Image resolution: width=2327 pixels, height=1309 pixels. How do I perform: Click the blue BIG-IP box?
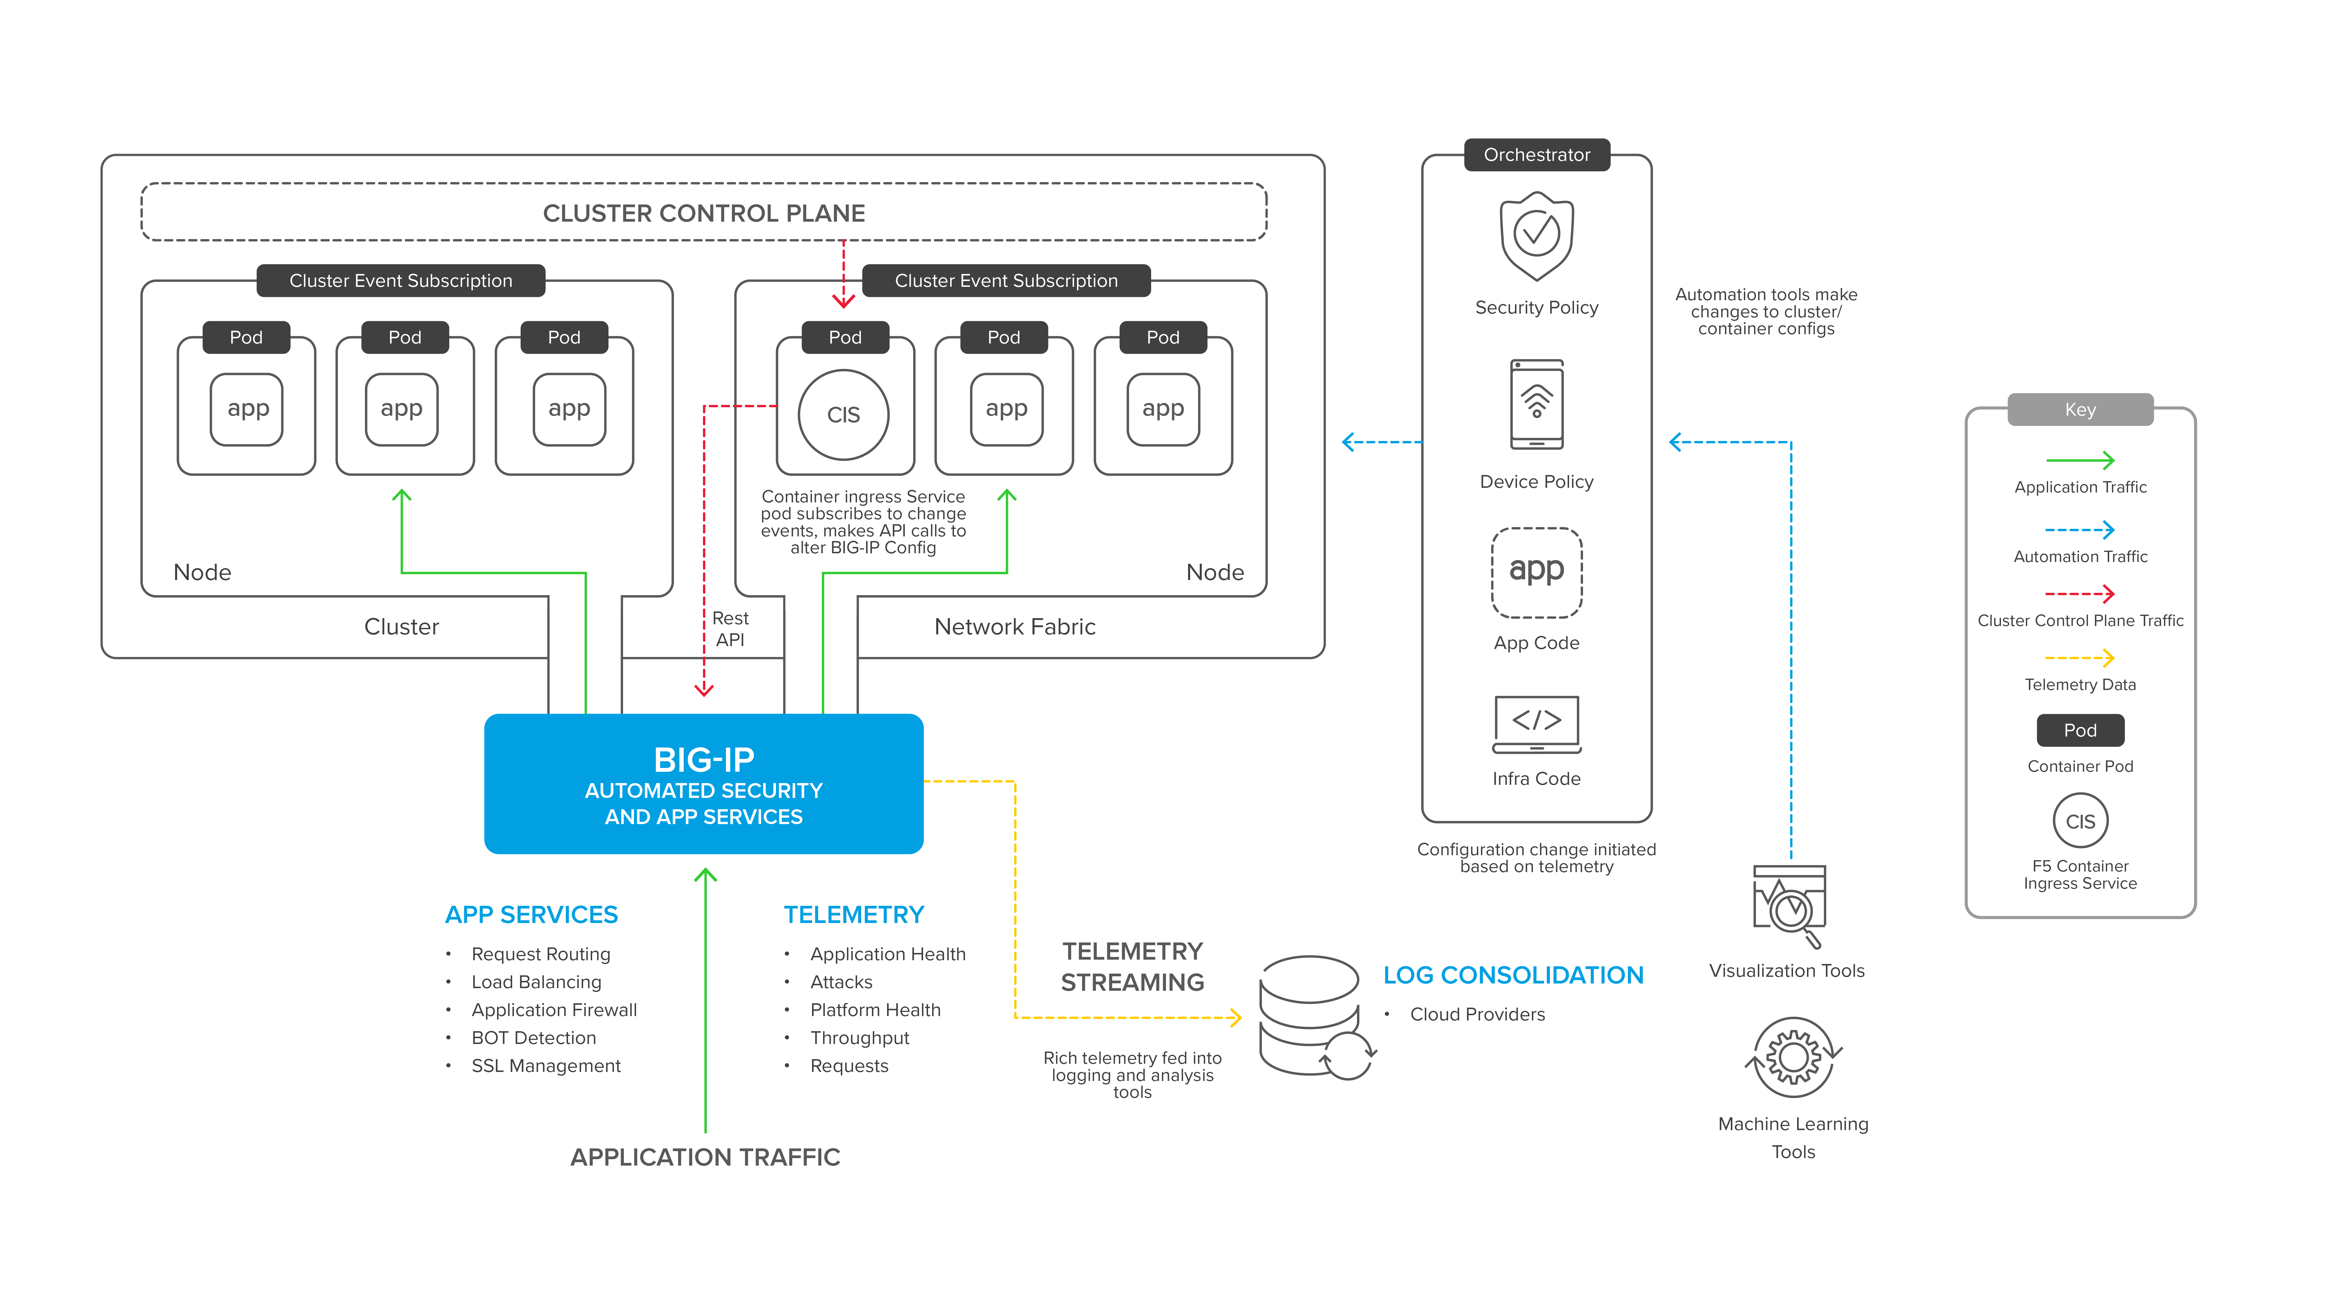(704, 783)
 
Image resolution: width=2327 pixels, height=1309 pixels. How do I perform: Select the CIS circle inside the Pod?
(844, 415)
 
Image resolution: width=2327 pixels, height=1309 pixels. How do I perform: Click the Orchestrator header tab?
(1537, 154)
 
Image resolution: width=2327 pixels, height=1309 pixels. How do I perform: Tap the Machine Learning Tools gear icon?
(1793, 1057)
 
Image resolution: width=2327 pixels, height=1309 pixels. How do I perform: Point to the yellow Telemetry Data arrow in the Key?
(2079, 658)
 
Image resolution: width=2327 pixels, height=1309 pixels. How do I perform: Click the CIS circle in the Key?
(2080, 820)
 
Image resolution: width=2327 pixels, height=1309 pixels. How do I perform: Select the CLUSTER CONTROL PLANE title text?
(704, 213)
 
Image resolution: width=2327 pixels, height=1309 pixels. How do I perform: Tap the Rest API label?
(730, 629)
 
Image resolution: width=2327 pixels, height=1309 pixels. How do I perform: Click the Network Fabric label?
(1014, 627)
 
